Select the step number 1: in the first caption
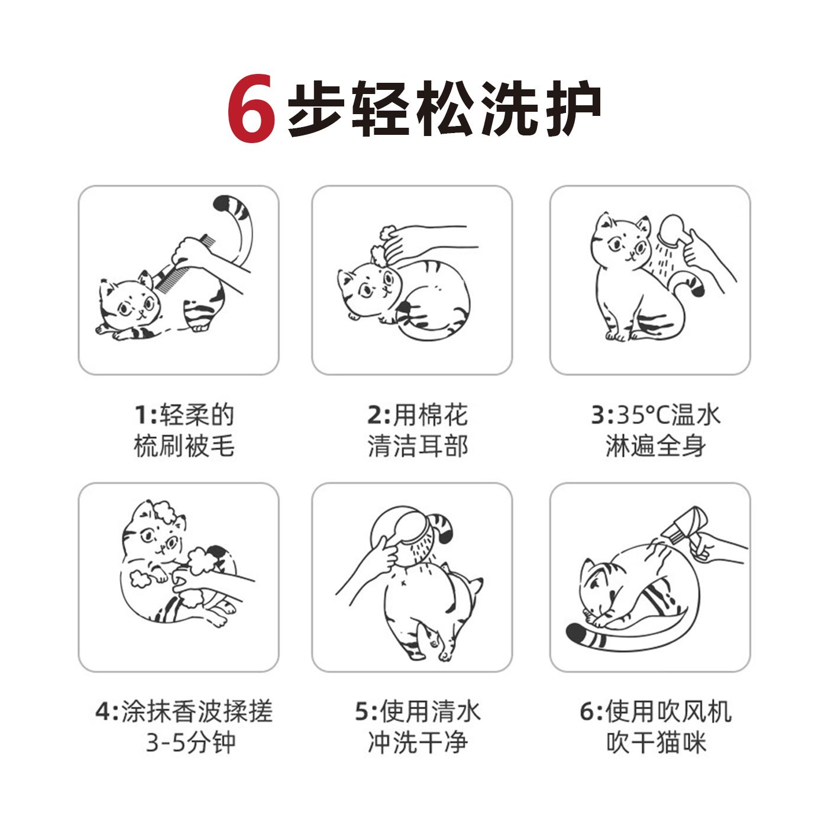click(x=145, y=415)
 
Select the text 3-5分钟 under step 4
click(x=191, y=742)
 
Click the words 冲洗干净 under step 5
click(x=418, y=742)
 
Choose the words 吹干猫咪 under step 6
click(x=656, y=742)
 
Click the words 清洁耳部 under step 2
click(x=418, y=446)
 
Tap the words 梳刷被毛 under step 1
click(x=184, y=446)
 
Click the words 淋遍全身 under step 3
click(x=656, y=446)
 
